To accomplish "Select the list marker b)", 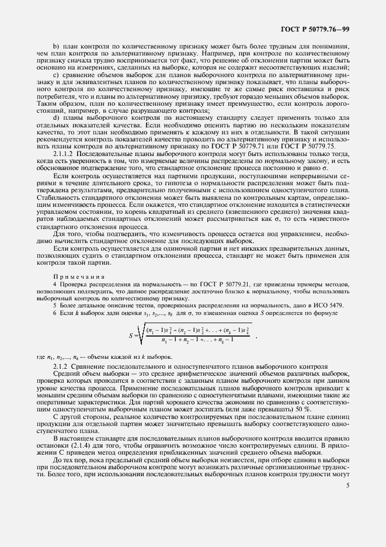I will [x=56, y=44].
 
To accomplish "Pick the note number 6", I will [x=55, y=314].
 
